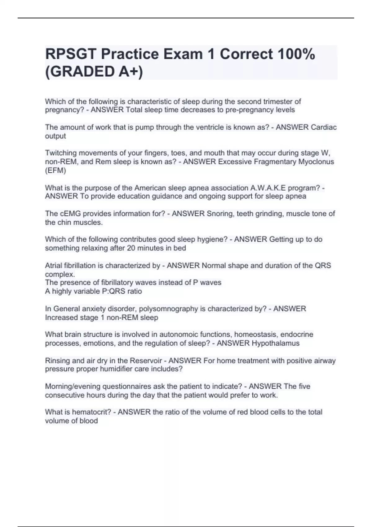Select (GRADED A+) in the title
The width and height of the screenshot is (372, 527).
94,72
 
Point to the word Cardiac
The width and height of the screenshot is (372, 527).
323,127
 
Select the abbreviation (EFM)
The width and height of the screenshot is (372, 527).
55,170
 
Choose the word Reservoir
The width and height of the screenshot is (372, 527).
146,361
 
